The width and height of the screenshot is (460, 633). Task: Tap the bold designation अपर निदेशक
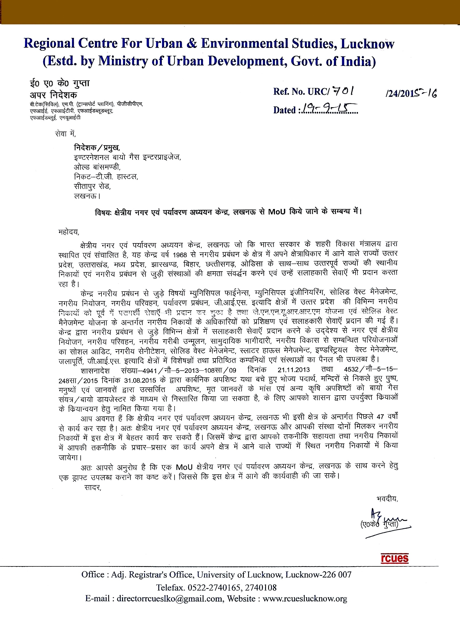point(54,94)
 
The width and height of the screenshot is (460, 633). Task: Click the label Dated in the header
point(284,110)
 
